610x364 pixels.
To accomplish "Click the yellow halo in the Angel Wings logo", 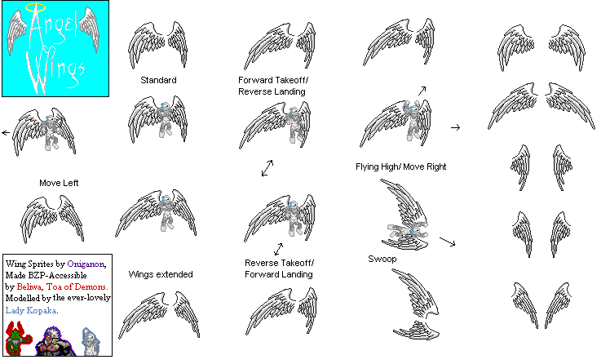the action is click(x=35, y=4).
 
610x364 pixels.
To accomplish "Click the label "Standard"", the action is click(x=158, y=80).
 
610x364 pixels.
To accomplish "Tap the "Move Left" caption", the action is click(x=59, y=183).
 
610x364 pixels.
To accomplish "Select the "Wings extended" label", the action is click(x=161, y=274).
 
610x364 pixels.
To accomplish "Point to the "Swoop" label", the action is click(x=382, y=259).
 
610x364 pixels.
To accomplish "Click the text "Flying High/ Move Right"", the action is click(x=400, y=166).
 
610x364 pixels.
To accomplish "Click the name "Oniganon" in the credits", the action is click(x=86, y=264).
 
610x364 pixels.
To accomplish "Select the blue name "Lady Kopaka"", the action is click(x=31, y=310).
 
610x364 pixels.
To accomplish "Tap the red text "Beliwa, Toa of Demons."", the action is click(x=62, y=287).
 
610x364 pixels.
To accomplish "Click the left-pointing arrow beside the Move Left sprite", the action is click(x=6, y=133).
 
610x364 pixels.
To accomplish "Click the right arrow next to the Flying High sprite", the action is click(x=456, y=127).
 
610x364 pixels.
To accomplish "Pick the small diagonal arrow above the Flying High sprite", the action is click(x=422, y=91).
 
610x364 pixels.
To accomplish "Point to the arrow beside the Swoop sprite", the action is click(x=448, y=242).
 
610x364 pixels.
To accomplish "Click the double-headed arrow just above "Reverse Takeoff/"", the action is click(x=279, y=249).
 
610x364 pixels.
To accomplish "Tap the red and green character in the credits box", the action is click(x=17, y=339).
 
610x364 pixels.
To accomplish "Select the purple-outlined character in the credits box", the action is click(x=55, y=341).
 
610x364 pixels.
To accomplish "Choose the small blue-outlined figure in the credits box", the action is click(x=91, y=341).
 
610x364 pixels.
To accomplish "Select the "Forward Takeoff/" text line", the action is click(x=273, y=80).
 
